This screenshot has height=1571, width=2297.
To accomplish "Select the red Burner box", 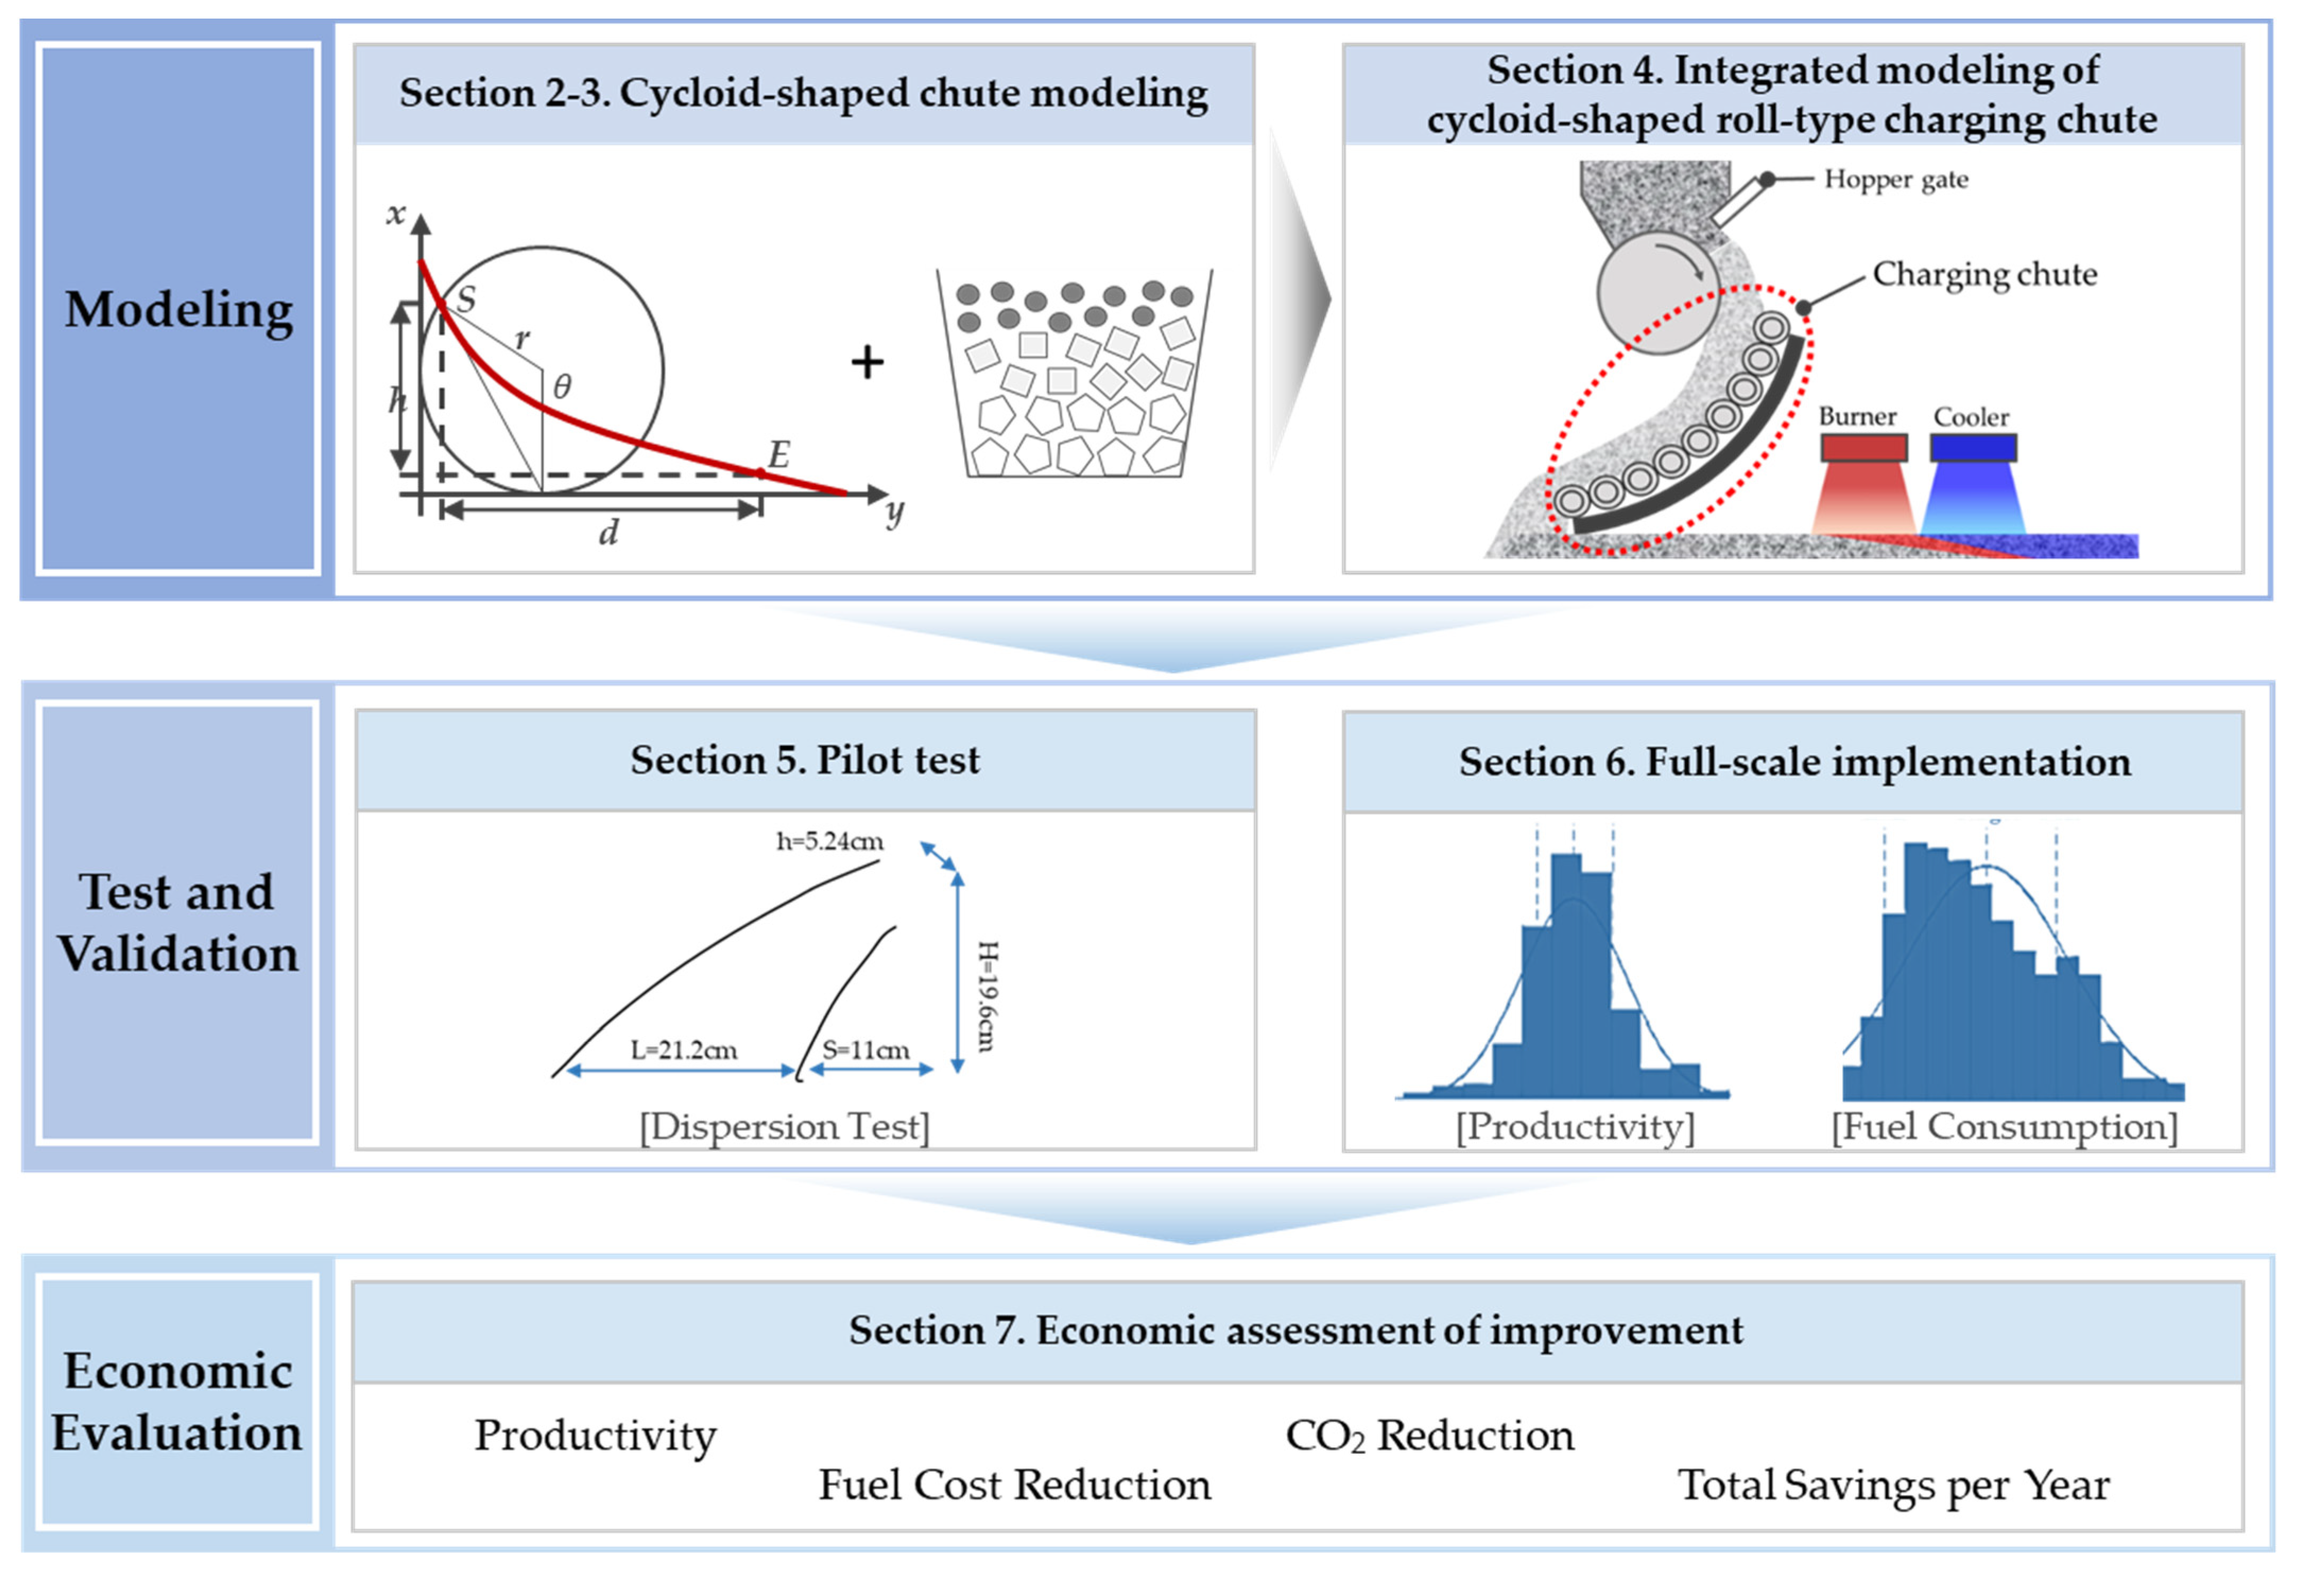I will point(1863,448).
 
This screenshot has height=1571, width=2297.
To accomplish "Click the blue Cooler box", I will point(1973,448).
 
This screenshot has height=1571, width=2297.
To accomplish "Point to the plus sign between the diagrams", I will point(867,362).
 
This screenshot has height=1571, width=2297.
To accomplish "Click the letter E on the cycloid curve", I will point(779,455).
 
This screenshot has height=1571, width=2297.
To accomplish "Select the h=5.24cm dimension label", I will point(829,841).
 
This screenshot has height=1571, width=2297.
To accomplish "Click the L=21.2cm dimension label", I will point(684,1049).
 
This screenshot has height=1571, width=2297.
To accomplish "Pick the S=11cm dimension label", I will point(866,1049).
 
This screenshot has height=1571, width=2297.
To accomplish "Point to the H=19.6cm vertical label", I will point(987,996).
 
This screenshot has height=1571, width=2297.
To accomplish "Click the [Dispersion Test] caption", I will point(785,1126).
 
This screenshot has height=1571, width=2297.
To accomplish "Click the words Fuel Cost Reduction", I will point(1014,1484).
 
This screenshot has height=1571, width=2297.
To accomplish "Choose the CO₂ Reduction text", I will point(1429,1435).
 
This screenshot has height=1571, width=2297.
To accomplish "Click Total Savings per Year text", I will point(1893,1484).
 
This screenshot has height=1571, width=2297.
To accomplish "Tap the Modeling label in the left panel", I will point(179,309).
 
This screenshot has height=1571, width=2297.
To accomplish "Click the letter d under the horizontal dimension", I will point(608,534).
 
